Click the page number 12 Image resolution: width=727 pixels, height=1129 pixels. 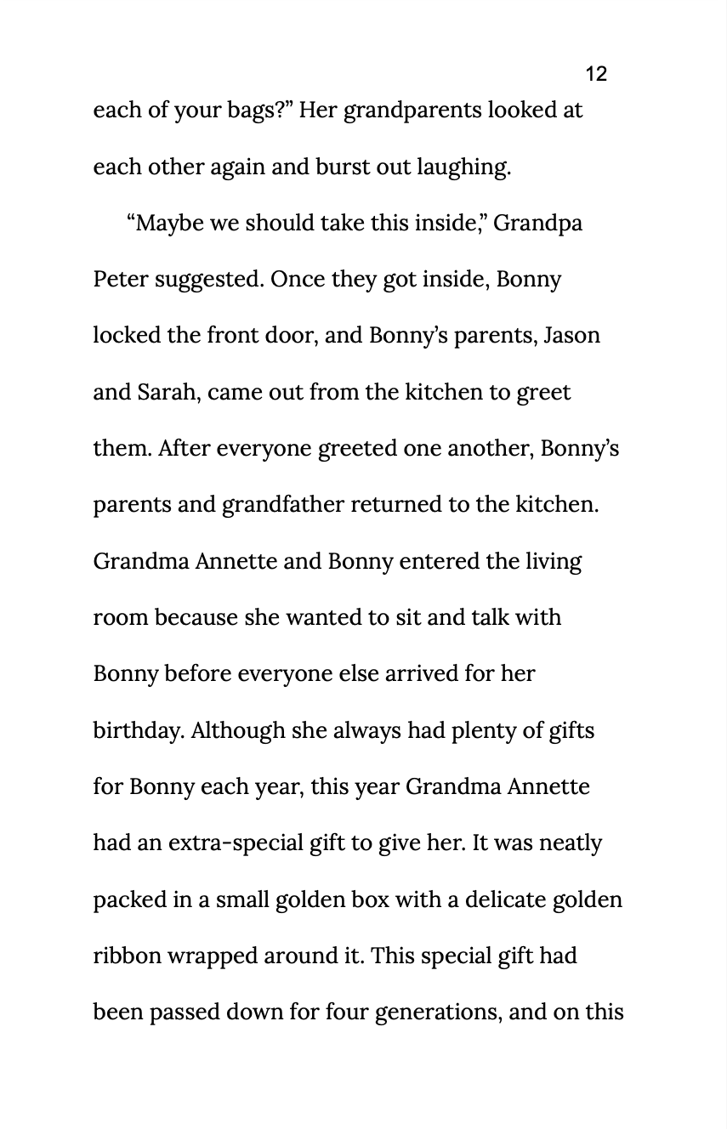point(596,74)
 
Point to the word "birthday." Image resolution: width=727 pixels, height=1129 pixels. point(139,731)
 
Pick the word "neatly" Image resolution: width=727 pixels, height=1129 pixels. point(570,843)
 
